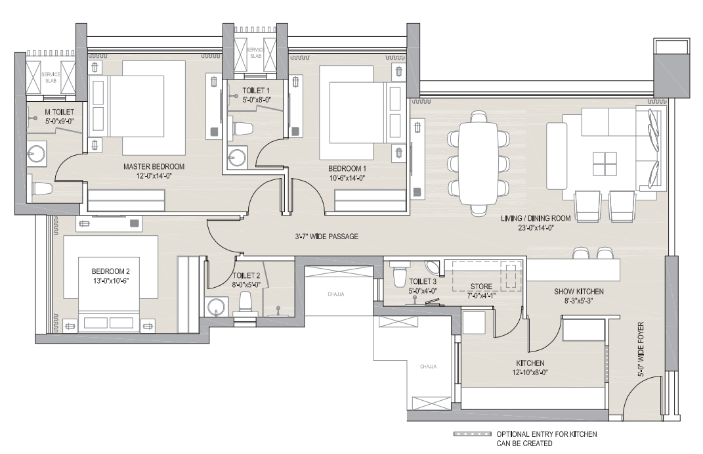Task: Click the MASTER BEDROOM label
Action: click(x=154, y=166)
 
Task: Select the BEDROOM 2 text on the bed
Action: click(x=110, y=271)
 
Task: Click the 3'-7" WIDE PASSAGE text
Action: click(x=326, y=237)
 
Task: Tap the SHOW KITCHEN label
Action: click(x=579, y=292)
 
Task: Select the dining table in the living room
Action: click(x=478, y=164)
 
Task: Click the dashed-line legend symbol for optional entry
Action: click(x=472, y=435)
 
